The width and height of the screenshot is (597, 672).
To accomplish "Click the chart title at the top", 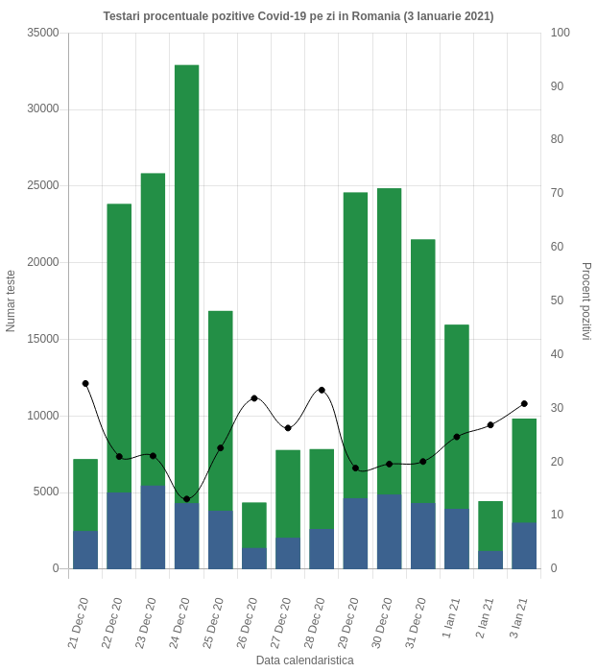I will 298,16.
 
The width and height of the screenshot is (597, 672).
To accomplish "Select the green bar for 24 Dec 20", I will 186,278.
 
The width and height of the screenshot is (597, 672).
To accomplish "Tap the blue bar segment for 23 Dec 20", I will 153,527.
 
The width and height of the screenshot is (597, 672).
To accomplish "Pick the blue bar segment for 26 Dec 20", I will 254,559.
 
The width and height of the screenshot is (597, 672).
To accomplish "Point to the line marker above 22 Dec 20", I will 119,456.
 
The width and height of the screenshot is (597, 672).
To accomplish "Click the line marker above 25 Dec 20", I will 221,447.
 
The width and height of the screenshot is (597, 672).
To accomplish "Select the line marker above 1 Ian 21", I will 457,437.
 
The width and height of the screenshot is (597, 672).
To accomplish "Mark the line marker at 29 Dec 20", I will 355,468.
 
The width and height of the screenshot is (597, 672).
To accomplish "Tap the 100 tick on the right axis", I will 561,33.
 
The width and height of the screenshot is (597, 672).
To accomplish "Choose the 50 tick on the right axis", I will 557,300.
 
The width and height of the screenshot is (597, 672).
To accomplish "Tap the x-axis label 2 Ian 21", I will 486,619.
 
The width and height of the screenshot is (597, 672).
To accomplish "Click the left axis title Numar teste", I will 11,300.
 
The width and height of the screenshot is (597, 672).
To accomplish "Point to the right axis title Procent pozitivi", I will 585,300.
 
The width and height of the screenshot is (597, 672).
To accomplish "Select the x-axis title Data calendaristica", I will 304,661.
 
